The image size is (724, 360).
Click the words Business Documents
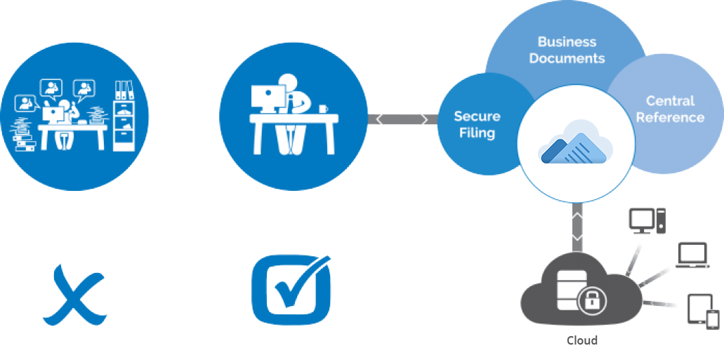(567, 50)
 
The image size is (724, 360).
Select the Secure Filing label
(477, 124)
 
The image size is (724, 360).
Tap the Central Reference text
(670, 109)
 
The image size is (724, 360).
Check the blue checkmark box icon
(291, 291)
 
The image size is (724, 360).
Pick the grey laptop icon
(691, 255)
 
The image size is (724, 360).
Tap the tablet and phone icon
(703, 311)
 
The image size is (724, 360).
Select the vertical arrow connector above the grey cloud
(577, 227)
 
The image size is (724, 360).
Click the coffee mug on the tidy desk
(323, 109)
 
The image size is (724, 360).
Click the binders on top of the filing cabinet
(124, 90)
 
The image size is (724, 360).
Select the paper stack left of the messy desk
(25, 135)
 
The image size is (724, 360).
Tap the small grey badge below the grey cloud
(582, 340)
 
